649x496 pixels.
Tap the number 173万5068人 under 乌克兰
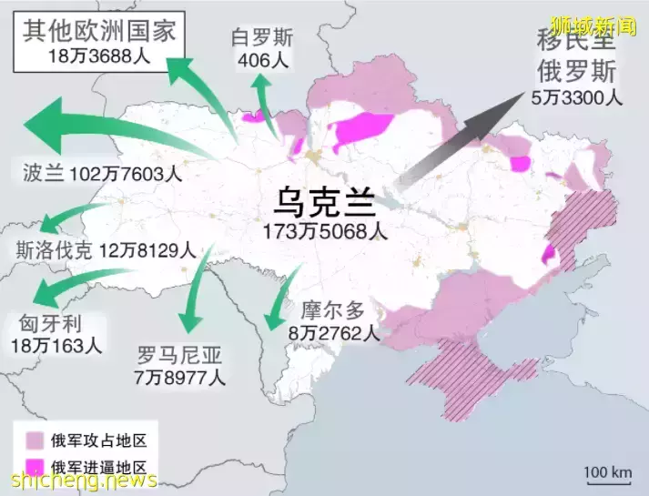pyautogui.click(x=324, y=231)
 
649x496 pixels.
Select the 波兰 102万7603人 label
pyautogui.click(x=102, y=173)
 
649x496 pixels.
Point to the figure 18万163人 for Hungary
pyautogui.click(x=56, y=346)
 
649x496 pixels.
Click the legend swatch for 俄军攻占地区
pyautogui.click(x=35, y=441)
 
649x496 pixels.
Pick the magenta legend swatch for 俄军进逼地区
pyautogui.click(x=35, y=467)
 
